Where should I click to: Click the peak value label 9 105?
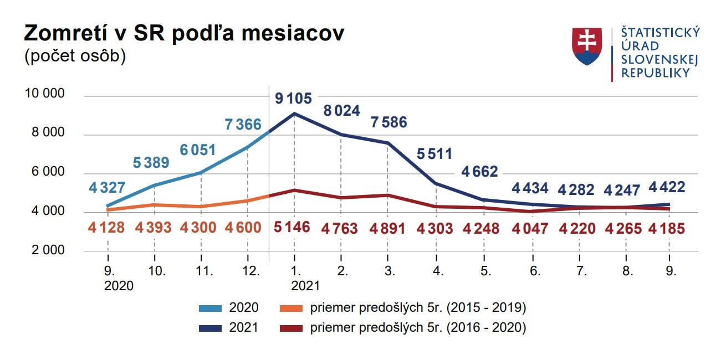(x=294, y=99)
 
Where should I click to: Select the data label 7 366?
(x=243, y=124)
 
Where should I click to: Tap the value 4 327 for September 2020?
(x=107, y=187)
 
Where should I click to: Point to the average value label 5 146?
(x=293, y=228)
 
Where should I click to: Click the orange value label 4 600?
(x=243, y=228)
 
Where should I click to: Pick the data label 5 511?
(x=434, y=153)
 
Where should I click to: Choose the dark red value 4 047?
(x=530, y=228)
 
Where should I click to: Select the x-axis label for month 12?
(x=252, y=271)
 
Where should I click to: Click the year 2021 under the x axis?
(x=305, y=286)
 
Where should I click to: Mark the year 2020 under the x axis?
(x=119, y=286)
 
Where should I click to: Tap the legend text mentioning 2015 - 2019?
(x=418, y=307)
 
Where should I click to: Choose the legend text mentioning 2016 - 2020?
(x=418, y=328)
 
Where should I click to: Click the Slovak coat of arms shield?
(x=587, y=47)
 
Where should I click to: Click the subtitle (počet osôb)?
(x=75, y=56)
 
